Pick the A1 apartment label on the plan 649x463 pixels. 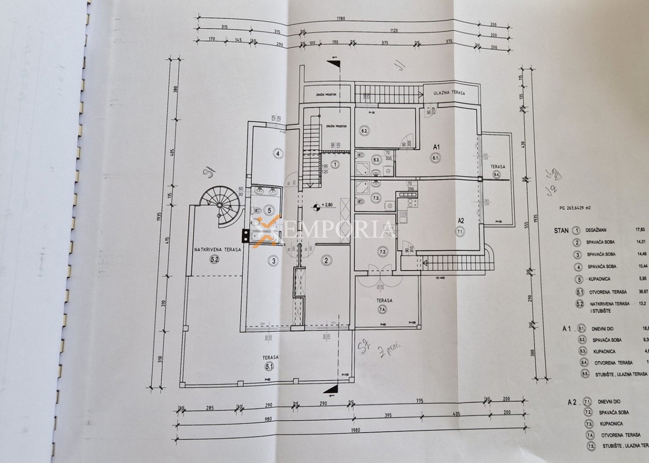[x=435, y=147]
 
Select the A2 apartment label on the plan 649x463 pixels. [x=461, y=220]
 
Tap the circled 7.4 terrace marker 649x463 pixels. [x=382, y=309]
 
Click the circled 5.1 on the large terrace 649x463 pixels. [x=270, y=367]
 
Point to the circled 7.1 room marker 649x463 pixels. [x=461, y=232]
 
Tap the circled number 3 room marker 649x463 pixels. [x=274, y=261]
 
